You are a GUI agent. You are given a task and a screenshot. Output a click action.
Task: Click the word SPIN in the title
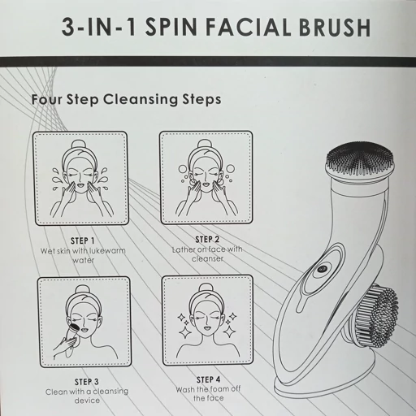[x=171, y=27]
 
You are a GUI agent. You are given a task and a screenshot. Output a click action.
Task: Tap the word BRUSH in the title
[x=335, y=28]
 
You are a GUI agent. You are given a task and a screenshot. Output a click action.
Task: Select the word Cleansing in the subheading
[x=141, y=99]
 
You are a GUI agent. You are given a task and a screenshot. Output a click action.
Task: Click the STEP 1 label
[x=82, y=240]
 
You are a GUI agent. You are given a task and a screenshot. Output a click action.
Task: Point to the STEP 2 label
[x=207, y=239]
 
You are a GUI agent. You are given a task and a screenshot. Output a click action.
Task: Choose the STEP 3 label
[x=87, y=382]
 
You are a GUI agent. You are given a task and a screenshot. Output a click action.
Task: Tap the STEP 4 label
[x=208, y=379]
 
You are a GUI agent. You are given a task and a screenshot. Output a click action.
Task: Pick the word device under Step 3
[x=87, y=401]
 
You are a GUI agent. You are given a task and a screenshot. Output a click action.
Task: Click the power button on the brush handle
[x=322, y=269]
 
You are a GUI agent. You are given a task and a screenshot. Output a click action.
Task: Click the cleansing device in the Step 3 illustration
[x=73, y=336]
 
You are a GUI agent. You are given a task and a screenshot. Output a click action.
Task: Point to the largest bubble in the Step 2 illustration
[x=230, y=169]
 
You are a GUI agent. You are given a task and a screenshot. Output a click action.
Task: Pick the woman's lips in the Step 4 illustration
[x=207, y=328]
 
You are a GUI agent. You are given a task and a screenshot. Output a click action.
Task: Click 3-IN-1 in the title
[x=99, y=27]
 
